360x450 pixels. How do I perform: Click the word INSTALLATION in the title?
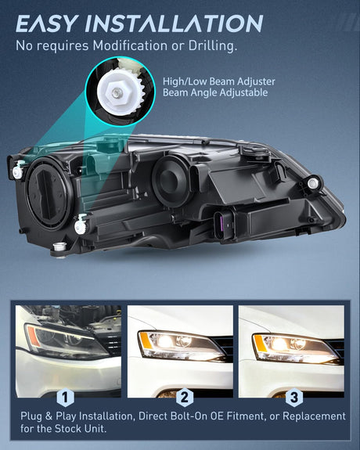pyautogui.click(x=174, y=23)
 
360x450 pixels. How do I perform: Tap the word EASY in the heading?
pyautogui.click(x=47, y=23)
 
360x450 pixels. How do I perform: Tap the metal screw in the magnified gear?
pyautogui.click(x=117, y=92)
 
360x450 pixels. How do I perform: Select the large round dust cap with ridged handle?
pyautogui.click(x=49, y=193)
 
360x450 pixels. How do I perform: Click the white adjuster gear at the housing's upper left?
pyautogui.click(x=18, y=171)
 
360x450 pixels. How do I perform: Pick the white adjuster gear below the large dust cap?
pyautogui.click(x=80, y=226)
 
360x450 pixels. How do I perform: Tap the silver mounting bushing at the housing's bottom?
pyautogui.click(x=60, y=247)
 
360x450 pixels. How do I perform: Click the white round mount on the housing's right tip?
pyautogui.click(x=312, y=182)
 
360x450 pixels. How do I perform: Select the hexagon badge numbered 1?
pyautogui.click(x=65, y=398)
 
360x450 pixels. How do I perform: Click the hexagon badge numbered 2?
pyautogui.click(x=185, y=398)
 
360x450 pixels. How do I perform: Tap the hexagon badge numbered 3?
pyautogui.click(x=294, y=398)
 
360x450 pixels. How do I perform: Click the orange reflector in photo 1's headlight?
pyautogui.click(x=34, y=337)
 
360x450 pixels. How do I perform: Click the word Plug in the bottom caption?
pyautogui.click(x=31, y=416)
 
